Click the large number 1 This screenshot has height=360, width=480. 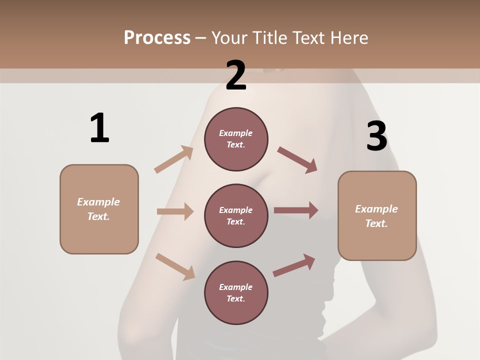pyautogui.click(x=99, y=128)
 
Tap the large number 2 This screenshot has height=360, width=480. pyautogui.click(x=236, y=75)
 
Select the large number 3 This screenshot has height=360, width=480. pyautogui.click(x=377, y=136)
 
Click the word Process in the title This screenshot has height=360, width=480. pyautogui.click(x=157, y=37)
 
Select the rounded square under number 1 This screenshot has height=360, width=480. pyautogui.click(x=99, y=209)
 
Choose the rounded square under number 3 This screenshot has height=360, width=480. pyautogui.click(x=377, y=215)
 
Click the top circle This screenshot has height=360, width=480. pyautogui.click(x=236, y=139)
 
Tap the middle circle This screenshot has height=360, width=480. pyautogui.click(x=236, y=215)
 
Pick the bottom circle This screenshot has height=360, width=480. pyautogui.click(x=236, y=292)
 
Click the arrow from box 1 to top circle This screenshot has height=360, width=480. pyautogui.click(x=174, y=159)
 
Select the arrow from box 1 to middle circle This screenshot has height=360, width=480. pyautogui.click(x=175, y=211)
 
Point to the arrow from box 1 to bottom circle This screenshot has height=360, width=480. pyautogui.click(x=175, y=266)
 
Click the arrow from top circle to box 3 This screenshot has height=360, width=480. pyautogui.click(x=297, y=159)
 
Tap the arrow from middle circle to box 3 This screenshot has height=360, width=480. pyautogui.click(x=296, y=210)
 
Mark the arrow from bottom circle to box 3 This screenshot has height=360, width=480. pyautogui.click(x=294, y=265)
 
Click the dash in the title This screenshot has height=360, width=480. pyautogui.click(x=201, y=38)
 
